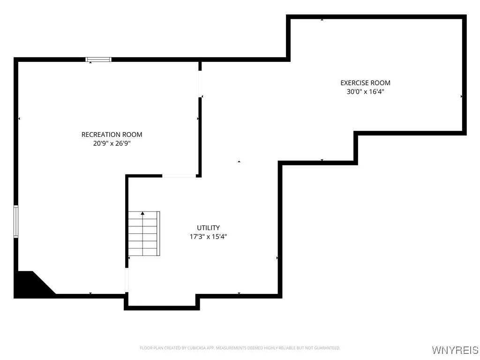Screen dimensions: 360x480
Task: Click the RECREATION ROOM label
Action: click(112, 135)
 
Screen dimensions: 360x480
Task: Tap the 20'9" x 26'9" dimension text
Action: click(112, 143)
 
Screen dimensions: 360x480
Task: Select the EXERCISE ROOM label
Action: click(365, 83)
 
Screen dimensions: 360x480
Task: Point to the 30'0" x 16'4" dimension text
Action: click(365, 92)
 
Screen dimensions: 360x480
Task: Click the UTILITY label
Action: click(208, 228)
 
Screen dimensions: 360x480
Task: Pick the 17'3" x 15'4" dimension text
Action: click(208, 237)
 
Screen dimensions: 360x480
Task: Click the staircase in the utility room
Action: click(144, 233)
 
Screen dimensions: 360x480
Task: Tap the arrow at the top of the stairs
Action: click(142, 214)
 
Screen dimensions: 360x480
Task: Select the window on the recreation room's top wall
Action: click(98, 60)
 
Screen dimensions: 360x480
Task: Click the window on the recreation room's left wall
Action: click(16, 221)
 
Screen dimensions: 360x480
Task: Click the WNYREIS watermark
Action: click(455, 350)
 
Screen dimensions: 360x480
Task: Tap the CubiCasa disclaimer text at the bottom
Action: click(240, 348)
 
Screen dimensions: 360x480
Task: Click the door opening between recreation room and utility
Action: click(179, 176)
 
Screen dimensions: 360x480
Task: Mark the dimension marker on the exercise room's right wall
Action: click(462, 97)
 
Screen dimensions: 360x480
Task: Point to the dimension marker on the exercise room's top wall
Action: click(322, 20)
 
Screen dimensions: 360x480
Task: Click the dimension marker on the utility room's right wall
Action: click(277, 258)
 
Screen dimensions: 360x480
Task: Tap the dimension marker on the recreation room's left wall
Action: click(19, 119)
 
